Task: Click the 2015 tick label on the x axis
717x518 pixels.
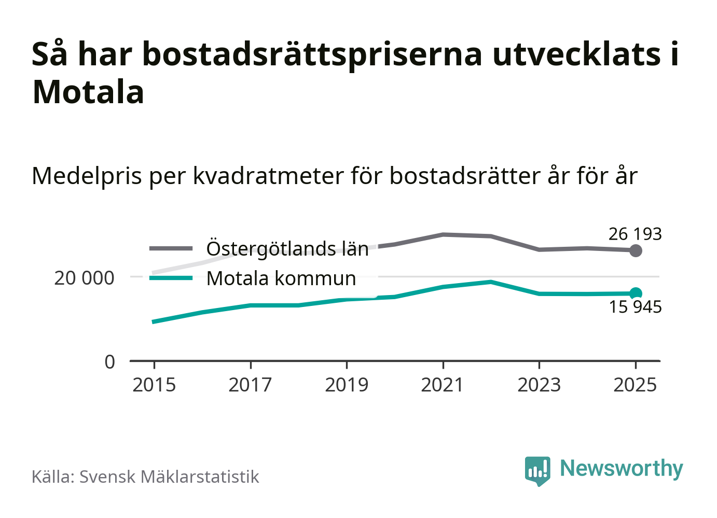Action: (x=154, y=385)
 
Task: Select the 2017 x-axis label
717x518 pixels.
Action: (x=250, y=385)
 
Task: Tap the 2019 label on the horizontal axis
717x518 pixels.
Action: (x=347, y=385)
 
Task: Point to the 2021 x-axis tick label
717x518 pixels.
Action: (x=443, y=385)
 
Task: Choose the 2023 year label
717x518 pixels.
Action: (x=539, y=385)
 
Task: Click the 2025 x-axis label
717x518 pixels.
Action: (x=635, y=385)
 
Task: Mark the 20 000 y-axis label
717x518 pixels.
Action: (x=84, y=278)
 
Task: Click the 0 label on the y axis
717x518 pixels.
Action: (x=109, y=362)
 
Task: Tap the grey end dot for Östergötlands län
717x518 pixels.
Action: (x=636, y=251)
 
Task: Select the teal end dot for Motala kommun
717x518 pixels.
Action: (x=636, y=293)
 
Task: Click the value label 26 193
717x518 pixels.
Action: (x=635, y=234)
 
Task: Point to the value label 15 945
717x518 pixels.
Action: (x=635, y=307)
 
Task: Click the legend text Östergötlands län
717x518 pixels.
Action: (x=287, y=249)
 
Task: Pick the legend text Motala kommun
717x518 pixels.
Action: (x=281, y=278)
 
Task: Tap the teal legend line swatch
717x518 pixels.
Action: (x=171, y=278)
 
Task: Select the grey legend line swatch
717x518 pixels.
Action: (x=171, y=249)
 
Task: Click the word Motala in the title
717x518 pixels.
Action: (x=88, y=92)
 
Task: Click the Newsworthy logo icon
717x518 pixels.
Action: (x=537, y=470)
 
